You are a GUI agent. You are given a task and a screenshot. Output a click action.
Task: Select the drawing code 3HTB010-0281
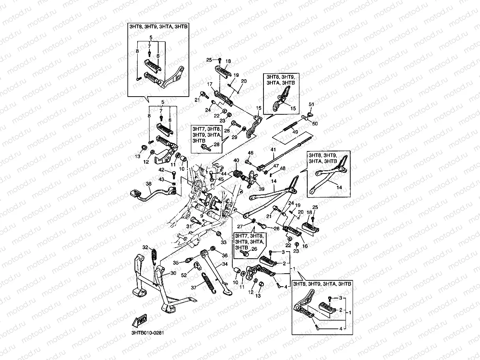pos(147,332)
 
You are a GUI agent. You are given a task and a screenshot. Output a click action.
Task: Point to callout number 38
pos(148,184)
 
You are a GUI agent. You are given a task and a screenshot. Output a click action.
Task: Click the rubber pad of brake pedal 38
pos(135,193)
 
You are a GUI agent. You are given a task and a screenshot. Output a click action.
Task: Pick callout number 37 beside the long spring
pos(193,287)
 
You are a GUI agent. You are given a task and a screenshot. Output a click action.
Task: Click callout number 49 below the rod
pos(295,132)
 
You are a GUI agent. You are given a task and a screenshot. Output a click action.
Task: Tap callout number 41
pos(272,149)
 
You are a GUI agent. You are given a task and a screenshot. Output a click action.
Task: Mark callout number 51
pos(311,104)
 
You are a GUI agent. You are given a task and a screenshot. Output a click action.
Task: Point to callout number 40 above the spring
pos(236,160)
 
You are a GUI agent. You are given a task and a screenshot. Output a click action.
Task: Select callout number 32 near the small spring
pos(145,247)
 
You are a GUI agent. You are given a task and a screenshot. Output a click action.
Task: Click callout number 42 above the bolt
pos(161,170)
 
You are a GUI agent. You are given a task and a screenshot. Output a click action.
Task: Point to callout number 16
pos(304,246)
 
